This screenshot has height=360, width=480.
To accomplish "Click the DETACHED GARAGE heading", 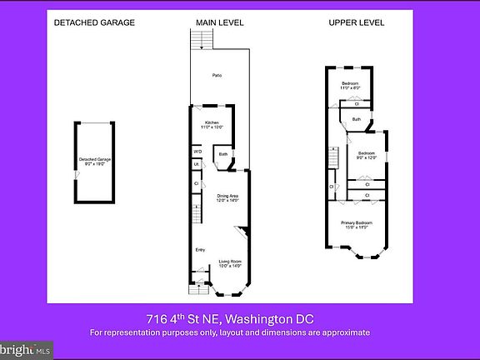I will click(94, 23).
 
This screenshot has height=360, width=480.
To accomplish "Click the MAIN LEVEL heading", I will click(219, 23).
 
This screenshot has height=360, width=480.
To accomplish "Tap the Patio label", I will click(217, 76).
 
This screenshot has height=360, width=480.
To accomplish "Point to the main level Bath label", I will click(223, 154).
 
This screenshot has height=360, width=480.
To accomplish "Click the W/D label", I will click(197, 151).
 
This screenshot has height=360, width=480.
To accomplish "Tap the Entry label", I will click(200, 250).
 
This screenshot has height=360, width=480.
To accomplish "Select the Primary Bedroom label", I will click(356, 223).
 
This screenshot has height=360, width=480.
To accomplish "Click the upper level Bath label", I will click(356, 120).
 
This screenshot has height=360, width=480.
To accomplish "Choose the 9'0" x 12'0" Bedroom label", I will click(367, 156).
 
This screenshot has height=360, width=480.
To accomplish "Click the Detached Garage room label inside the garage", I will click(95, 161).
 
